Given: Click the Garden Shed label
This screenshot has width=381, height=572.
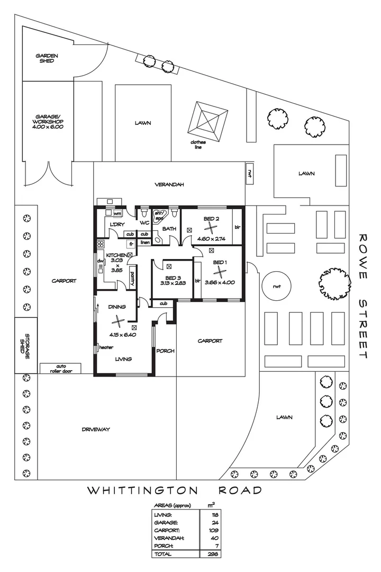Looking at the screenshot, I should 47,58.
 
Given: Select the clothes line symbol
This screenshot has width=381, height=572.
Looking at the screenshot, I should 210,120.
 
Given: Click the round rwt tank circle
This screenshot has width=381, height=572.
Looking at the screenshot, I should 277,286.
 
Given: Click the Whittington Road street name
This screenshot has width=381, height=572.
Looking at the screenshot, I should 175,490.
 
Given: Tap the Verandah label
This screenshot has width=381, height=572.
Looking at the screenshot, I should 169,185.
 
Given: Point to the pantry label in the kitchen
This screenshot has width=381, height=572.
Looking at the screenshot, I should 132,278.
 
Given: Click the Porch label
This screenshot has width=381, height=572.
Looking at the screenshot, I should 166,351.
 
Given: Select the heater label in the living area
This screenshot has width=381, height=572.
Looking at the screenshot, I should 106,347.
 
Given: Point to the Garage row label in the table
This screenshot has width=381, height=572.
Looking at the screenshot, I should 162,522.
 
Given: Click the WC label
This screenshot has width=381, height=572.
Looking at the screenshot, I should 144,223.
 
